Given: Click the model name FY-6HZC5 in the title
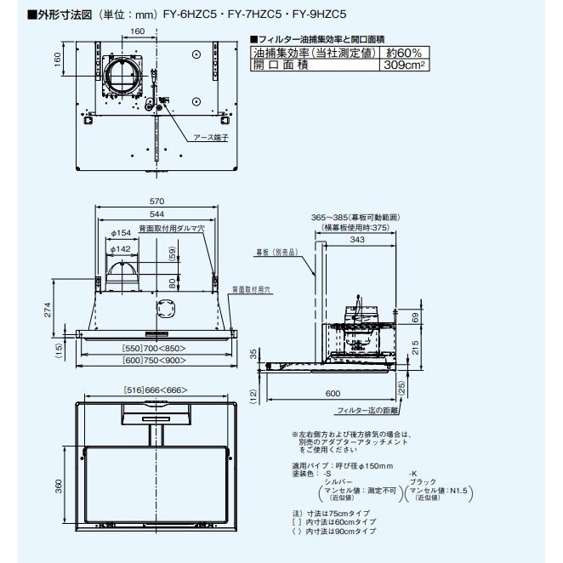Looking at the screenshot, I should (182, 14).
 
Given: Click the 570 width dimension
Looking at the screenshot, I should (156, 202).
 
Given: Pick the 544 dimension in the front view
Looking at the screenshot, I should (156, 213).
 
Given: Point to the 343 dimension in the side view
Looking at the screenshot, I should (357, 240).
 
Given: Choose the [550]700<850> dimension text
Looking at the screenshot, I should (154, 350).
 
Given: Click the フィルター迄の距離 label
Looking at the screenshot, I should (367, 411).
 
